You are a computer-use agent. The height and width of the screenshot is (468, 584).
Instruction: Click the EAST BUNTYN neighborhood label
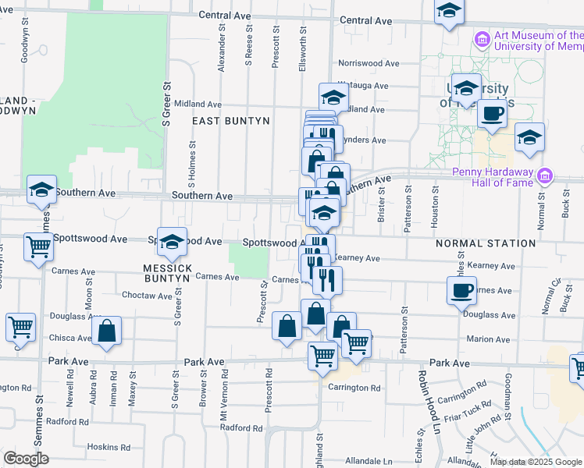pyautogui.click(x=231, y=121)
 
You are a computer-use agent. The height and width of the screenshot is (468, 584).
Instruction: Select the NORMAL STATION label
pyautogui.click(x=486, y=243)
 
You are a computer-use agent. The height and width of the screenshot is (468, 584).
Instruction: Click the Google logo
pyautogui.click(x=25, y=459)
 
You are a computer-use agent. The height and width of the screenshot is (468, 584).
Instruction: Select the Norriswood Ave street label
pyautogui.click(x=368, y=64)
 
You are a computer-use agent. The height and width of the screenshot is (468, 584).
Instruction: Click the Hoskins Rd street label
pyautogui.click(x=108, y=448)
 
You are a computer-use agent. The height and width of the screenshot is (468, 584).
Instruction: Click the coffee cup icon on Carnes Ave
pyautogui.click(x=461, y=290)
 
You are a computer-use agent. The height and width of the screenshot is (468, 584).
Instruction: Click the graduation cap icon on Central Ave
pyautogui.click(x=449, y=12)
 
